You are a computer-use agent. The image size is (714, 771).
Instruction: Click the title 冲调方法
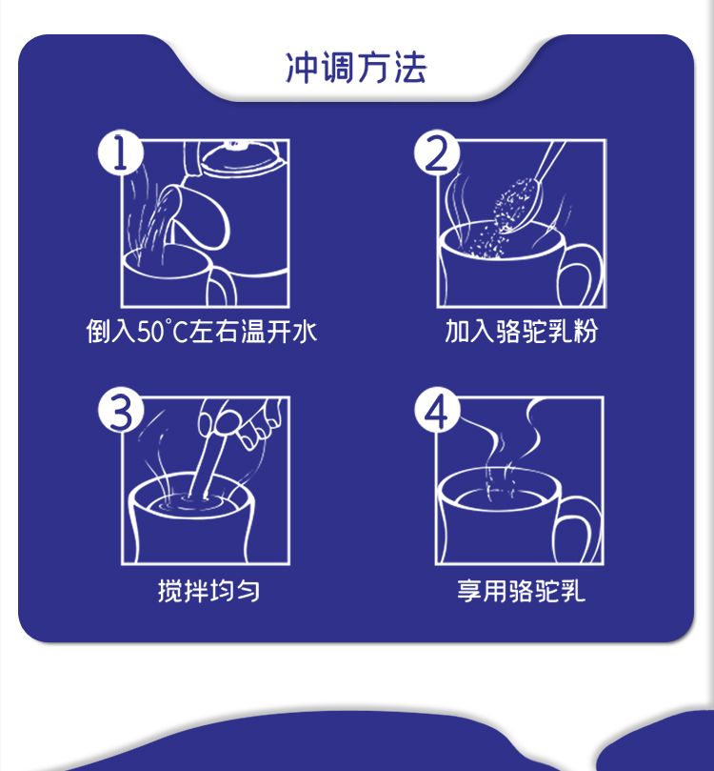(x=356, y=68)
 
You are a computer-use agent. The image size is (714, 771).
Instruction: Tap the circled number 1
(x=121, y=152)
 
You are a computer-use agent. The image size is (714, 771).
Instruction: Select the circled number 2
(x=437, y=152)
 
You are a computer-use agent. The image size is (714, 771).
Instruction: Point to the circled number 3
(x=121, y=410)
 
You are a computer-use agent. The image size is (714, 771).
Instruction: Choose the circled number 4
(x=437, y=410)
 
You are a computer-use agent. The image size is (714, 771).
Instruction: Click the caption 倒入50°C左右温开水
(x=202, y=331)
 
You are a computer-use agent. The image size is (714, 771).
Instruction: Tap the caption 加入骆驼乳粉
(x=521, y=331)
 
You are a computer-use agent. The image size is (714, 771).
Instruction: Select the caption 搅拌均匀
(x=208, y=590)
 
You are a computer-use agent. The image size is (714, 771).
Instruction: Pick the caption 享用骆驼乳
(x=521, y=590)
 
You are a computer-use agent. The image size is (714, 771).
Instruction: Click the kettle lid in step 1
(x=243, y=157)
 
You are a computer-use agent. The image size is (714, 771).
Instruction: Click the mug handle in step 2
(x=580, y=275)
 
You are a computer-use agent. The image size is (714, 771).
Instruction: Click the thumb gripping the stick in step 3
(x=225, y=423)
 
